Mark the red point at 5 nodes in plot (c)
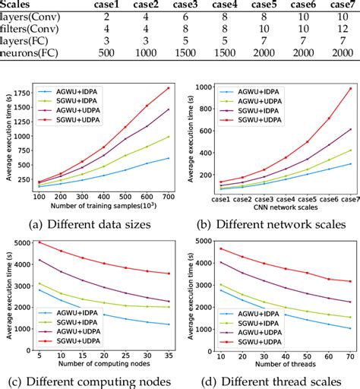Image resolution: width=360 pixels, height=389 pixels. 39,242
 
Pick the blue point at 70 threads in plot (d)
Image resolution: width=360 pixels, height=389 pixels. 349,328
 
